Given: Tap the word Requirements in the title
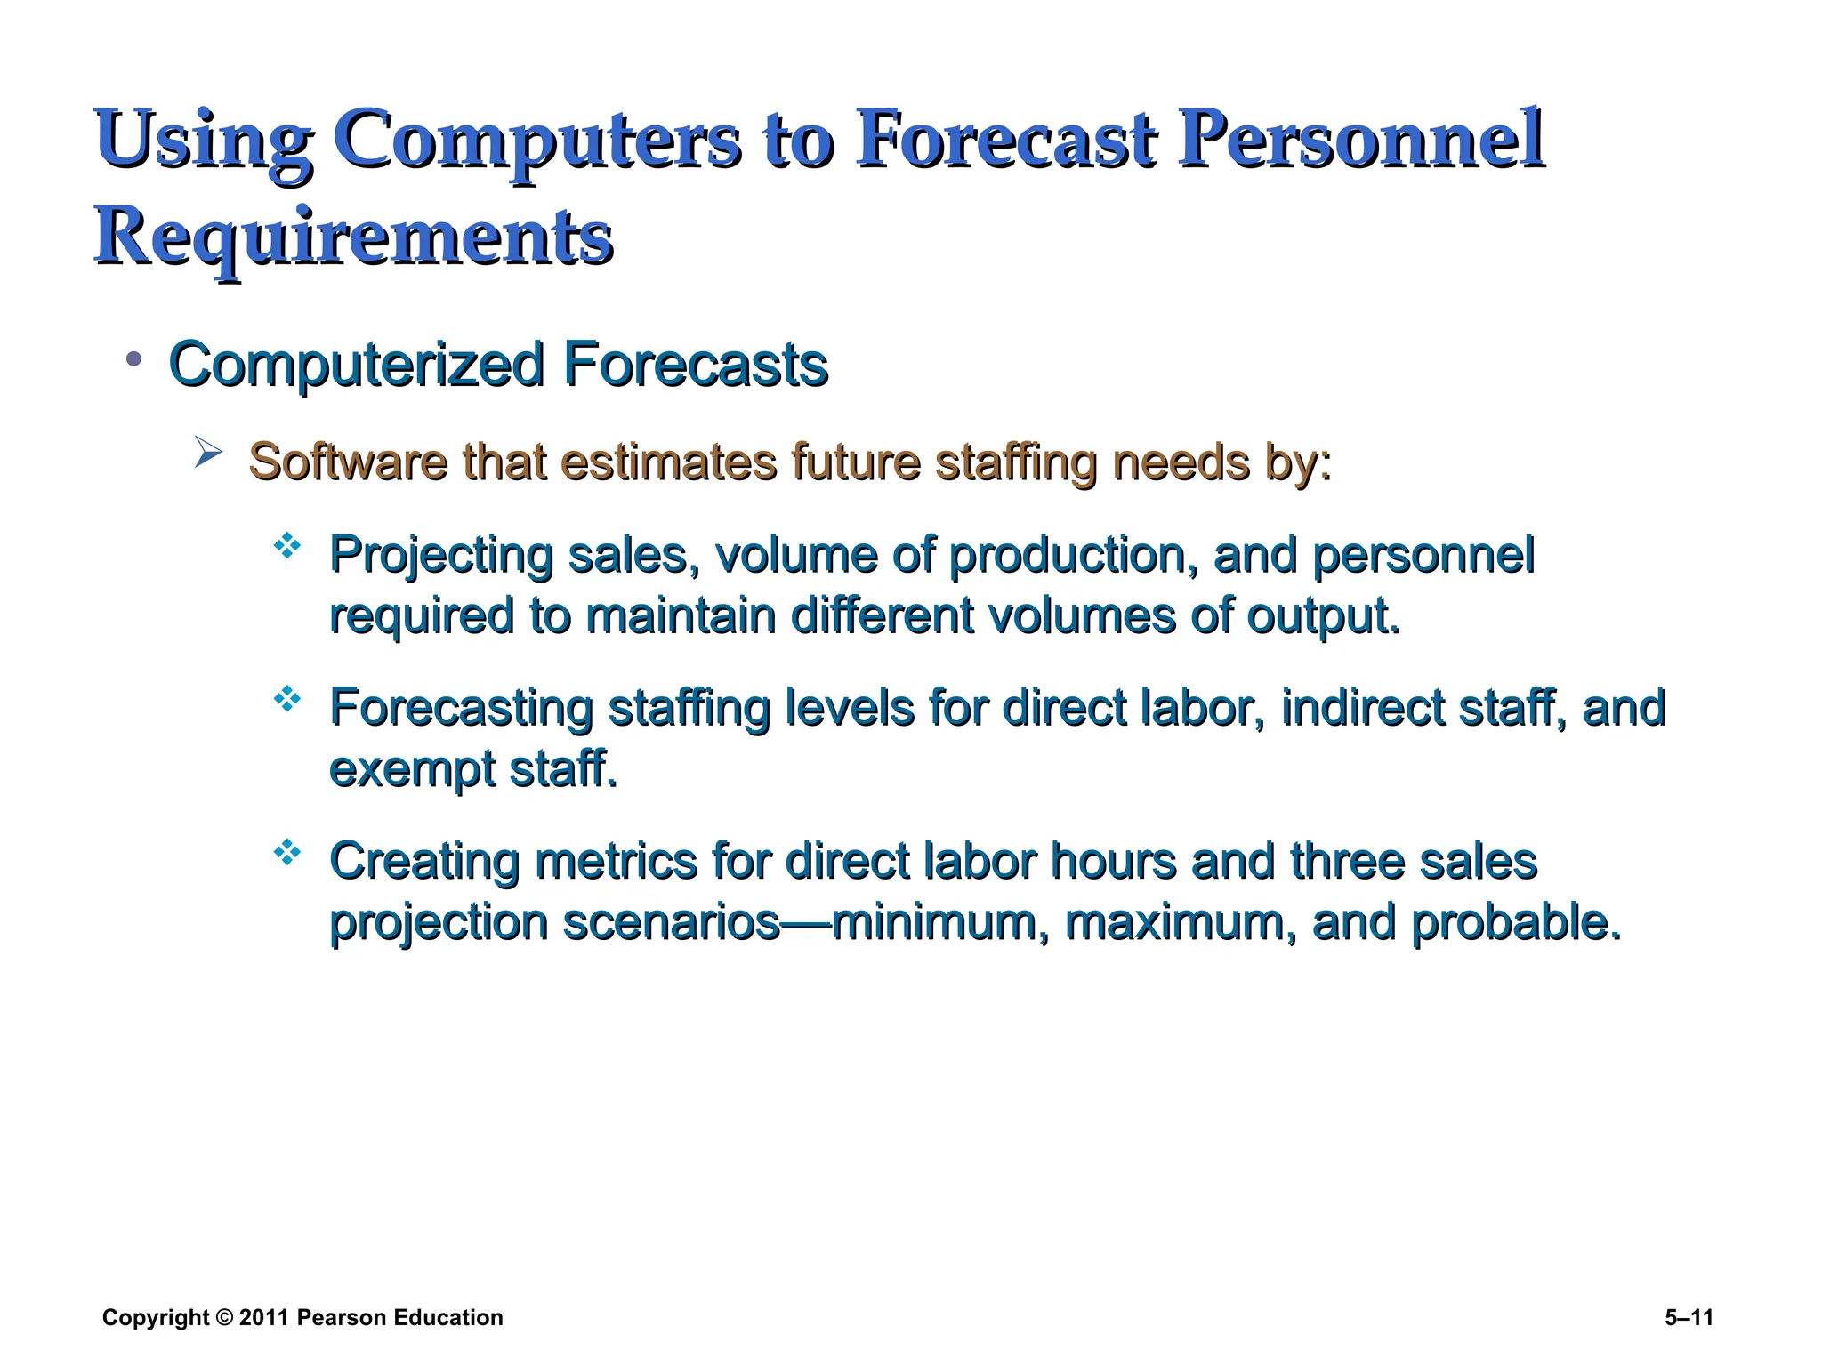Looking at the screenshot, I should pyautogui.click(x=353, y=237).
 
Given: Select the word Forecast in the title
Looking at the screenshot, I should pyautogui.click(x=1005, y=140).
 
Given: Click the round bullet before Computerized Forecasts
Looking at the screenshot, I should pyautogui.click(x=134, y=359).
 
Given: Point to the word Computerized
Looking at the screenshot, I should pyautogui.click(x=356, y=365).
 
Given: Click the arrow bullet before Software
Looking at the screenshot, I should pyautogui.click(x=207, y=453).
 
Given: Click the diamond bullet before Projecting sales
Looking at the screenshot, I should pyautogui.click(x=287, y=546).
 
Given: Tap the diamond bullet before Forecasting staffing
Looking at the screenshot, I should pyautogui.click(x=287, y=700).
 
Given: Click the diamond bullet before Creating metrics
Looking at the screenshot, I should pyautogui.click(x=287, y=854).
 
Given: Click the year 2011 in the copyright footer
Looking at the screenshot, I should pyautogui.click(x=263, y=1317).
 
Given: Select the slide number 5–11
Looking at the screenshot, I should pyautogui.click(x=1689, y=1317).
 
